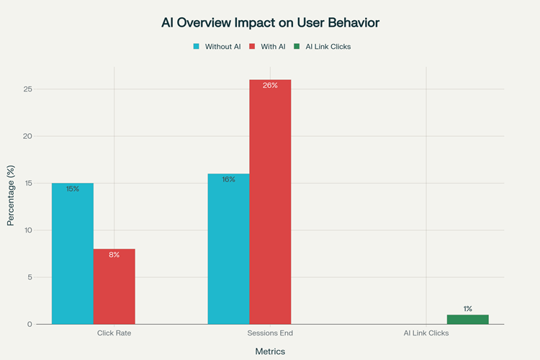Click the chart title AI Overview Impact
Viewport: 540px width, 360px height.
click(x=270, y=23)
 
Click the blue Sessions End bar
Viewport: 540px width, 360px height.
click(x=228, y=249)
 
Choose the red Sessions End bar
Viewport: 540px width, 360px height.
click(x=270, y=202)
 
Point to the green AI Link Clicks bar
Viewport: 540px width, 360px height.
click(x=467, y=320)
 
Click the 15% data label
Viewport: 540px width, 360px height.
click(x=72, y=189)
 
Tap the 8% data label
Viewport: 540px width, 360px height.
click(x=114, y=255)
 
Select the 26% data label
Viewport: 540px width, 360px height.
click(x=270, y=86)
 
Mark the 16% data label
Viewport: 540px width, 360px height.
click(x=228, y=179)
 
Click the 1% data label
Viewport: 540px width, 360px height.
click(x=467, y=309)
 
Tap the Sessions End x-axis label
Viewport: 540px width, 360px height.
click(x=270, y=333)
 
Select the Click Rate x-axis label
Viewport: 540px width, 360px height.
click(x=114, y=333)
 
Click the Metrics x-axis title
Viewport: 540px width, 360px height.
click(x=270, y=351)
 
